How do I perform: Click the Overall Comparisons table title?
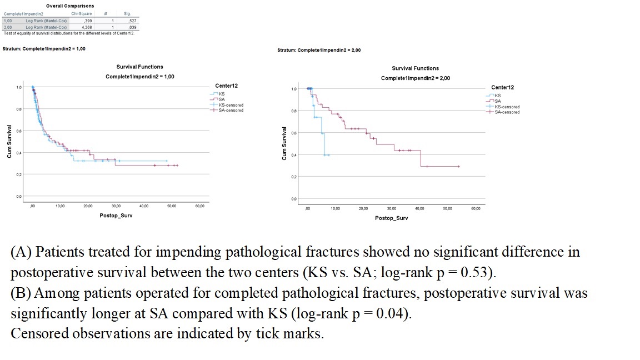[x=70, y=6]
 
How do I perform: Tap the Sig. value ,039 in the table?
[x=132, y=27]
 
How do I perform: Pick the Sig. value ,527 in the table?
[x=132, y=20]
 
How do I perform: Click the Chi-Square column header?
[x=82, y=13]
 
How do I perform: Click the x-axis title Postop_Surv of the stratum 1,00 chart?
[x=116, y=216]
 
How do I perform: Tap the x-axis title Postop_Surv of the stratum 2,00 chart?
[x=391, y=218]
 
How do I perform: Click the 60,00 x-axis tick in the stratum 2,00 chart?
[x=476, y=208]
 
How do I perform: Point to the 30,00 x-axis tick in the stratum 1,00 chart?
[x=116, y=206]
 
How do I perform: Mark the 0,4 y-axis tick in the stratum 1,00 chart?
[x=18, y=153]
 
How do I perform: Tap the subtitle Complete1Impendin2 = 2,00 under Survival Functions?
[x=416, y=78]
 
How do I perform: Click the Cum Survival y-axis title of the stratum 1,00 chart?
[x=9, y=141]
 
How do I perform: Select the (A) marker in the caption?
[x=22, y=252]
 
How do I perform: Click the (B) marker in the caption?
[x=22, y=293]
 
